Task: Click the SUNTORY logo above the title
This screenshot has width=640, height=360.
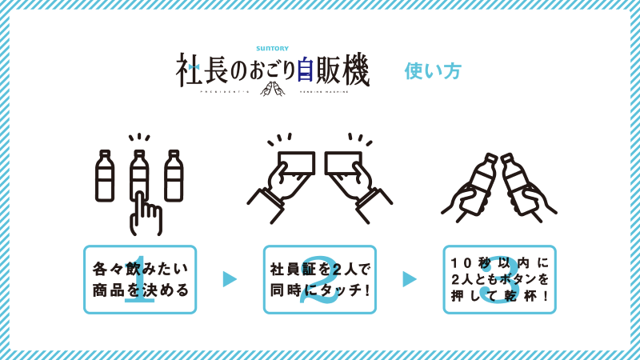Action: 272,48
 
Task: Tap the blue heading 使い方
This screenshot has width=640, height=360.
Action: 433,71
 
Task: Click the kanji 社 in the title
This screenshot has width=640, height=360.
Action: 189,70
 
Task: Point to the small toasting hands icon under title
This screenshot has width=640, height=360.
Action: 272,89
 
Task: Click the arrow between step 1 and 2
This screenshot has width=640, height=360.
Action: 230,279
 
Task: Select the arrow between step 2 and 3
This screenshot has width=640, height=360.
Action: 410,279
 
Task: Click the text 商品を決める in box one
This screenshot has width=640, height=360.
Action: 141,290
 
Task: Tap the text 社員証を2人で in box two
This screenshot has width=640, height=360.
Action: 320,269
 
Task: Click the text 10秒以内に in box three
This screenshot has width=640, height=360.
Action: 499,262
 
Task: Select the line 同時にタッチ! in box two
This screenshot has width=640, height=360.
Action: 320,290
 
